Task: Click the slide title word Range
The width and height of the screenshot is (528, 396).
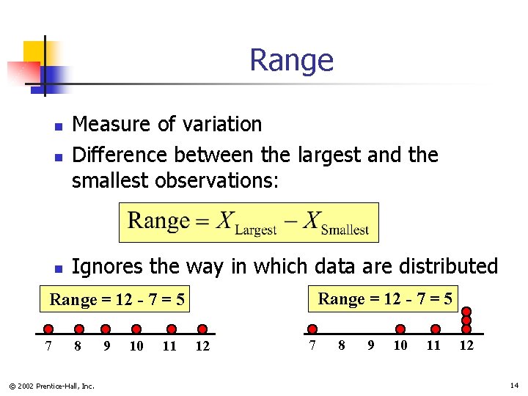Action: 291,60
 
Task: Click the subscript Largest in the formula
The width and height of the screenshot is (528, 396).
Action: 255,230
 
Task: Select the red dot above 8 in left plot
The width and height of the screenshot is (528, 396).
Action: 78,329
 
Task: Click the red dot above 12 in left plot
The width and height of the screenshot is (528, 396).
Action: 202,329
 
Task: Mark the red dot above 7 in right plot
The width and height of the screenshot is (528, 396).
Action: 312,329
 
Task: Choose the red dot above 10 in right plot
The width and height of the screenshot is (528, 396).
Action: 400,329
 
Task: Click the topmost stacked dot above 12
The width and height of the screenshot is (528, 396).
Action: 466,311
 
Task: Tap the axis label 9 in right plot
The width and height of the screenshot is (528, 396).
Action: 370,345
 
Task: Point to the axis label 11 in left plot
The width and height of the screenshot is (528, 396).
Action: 169,346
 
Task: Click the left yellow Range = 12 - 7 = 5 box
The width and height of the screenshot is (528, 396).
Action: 117,300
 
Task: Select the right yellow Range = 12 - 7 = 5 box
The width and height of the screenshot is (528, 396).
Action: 384,298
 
